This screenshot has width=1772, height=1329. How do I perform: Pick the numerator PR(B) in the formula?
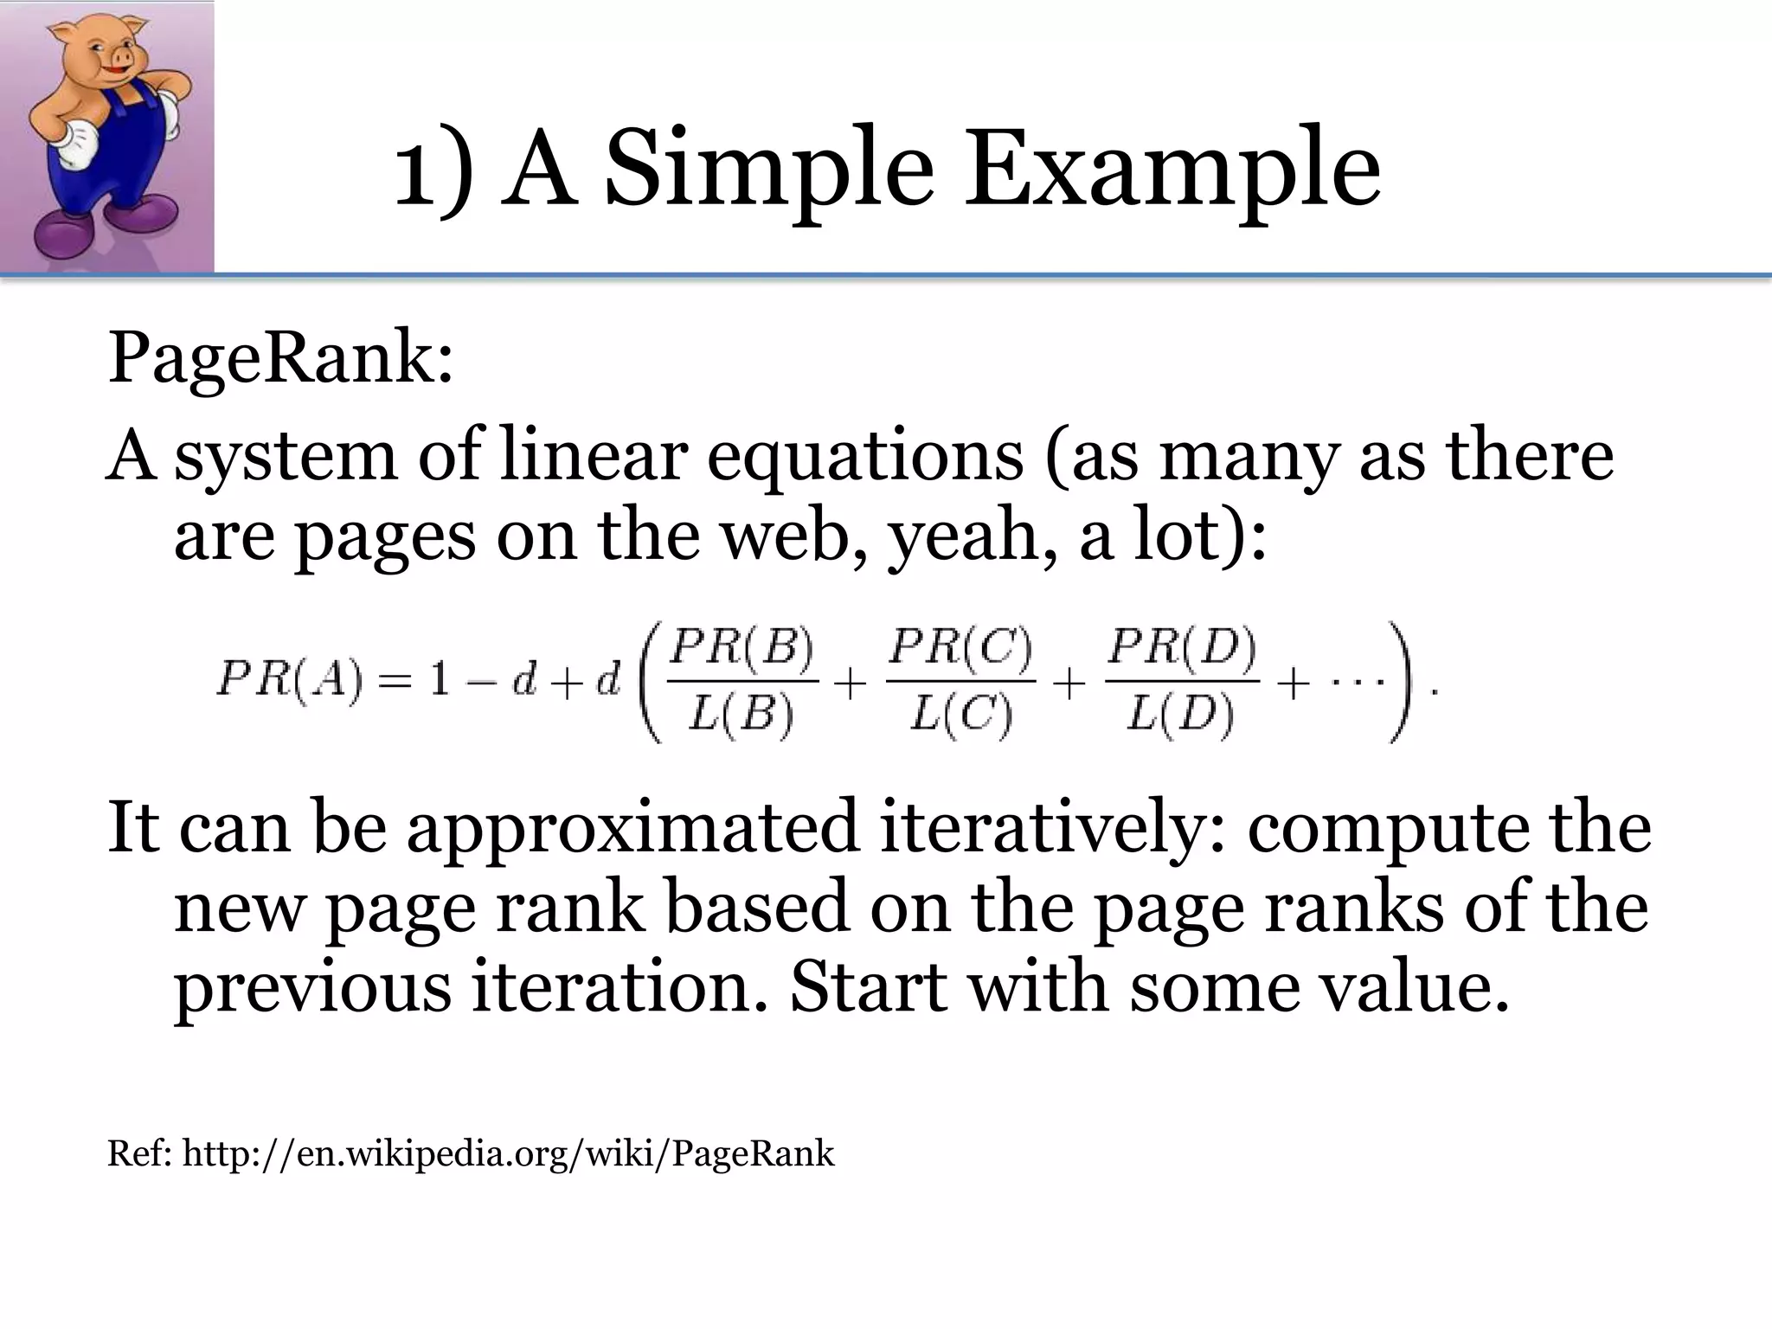click(x=742, y=649)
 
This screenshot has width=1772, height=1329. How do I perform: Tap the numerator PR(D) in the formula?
click(x=1182, y=649)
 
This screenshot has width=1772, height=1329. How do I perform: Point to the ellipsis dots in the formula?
click(x=1352, y=681)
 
